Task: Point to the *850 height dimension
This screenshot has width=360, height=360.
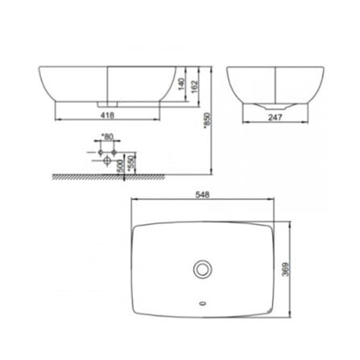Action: click(x=207, y=120)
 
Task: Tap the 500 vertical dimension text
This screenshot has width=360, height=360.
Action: click(x=119, y=166)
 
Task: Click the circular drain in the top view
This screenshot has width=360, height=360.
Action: click(x=202, y=268)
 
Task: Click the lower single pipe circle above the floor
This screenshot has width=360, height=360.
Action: click(x=107, y=160)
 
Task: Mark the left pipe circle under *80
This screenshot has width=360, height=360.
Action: click(x=100, y=152)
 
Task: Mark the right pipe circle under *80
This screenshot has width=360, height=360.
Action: click(x=115, y=152)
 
